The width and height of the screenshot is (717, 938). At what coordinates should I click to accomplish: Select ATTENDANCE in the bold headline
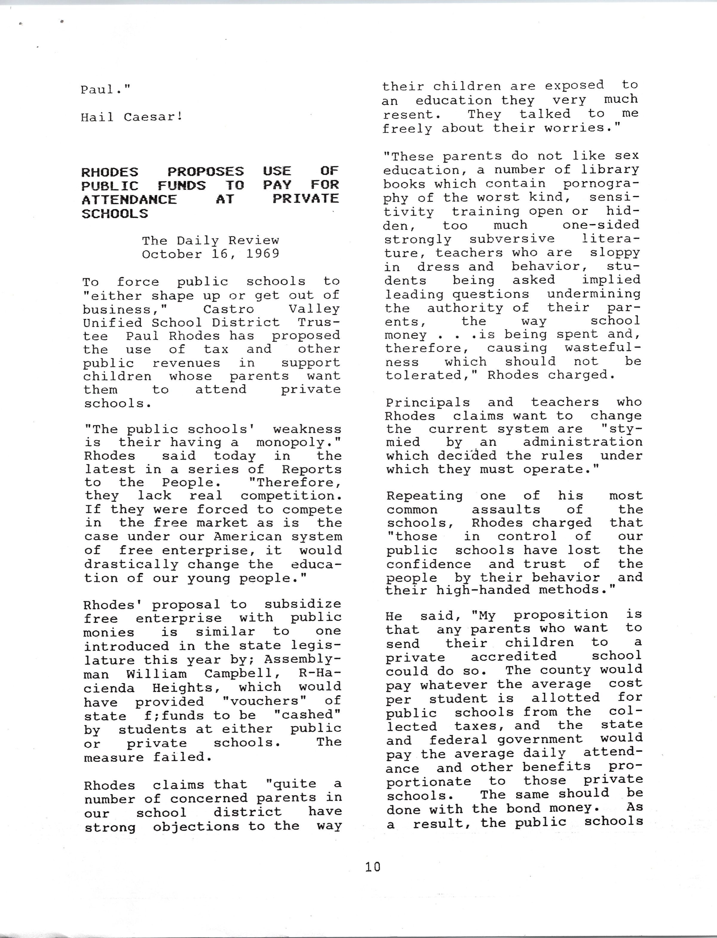coord(129,199)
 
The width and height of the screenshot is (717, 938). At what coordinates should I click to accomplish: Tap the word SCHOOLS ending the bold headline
coord(114,214)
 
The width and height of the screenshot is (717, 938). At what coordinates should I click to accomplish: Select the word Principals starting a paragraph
coord(428,402)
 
